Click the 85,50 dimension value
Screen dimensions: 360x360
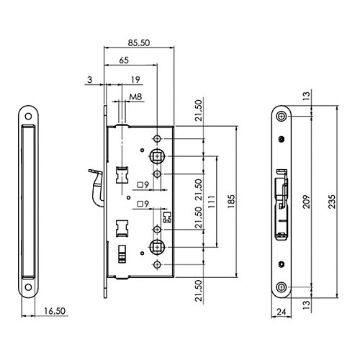click(139, 42)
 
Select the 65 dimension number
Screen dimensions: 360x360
click(124, 60)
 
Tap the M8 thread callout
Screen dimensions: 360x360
click(135, 97)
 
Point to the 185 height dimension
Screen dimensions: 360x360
click(231, 201)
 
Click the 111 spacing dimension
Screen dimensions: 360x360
click(212, 201)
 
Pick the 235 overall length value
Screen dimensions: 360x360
click(332, 201)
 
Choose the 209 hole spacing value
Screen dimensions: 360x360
click(307, 201)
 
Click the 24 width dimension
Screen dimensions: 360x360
click(282, 312)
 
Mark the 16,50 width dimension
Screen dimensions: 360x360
click(55, 311)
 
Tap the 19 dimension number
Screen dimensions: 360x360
click(135, 79)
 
